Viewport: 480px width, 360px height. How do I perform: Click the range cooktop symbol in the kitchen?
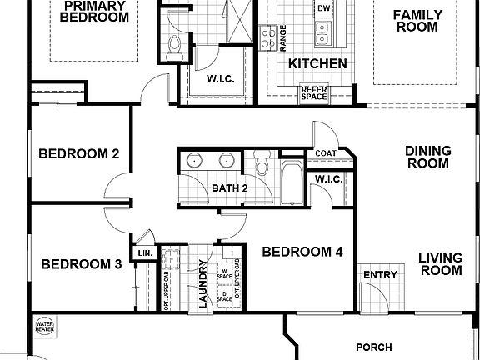tap(269, 36)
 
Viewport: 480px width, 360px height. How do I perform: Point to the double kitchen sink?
tap(322, 33)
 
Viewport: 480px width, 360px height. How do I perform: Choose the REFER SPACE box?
tap(313, 92)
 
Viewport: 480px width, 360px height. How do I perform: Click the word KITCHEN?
tap(317, 64)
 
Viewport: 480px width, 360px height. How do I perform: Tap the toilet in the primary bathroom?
tap(173, 46)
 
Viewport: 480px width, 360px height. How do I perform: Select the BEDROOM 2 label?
tap(80, 154)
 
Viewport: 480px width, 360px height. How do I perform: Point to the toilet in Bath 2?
tap(262, 163)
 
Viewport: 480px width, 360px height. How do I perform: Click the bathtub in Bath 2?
tap(291, 182)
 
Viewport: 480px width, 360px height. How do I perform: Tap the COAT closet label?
tap(326, 154)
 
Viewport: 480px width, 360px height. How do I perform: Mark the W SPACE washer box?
tap(223, 272)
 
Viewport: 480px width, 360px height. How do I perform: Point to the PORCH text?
tap(374, 347)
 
